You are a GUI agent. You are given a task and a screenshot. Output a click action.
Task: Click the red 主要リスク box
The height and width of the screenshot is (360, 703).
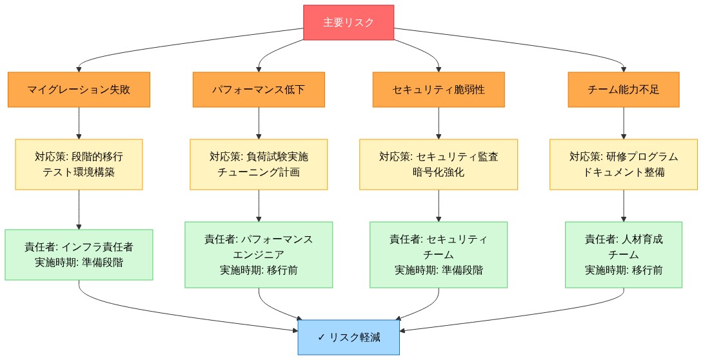348,23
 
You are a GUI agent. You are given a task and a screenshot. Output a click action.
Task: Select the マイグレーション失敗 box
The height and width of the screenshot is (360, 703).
79,90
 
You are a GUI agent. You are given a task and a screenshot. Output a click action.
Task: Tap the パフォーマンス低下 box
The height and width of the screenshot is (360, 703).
259,90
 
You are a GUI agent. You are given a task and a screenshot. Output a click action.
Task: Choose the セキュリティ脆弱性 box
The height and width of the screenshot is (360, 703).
439,90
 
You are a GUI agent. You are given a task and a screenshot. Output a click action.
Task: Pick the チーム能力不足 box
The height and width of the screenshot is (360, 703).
623,90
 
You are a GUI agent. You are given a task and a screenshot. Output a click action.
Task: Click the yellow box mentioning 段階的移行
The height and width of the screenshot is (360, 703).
79,164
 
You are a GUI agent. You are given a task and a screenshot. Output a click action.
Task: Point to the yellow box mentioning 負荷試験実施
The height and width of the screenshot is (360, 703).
259,164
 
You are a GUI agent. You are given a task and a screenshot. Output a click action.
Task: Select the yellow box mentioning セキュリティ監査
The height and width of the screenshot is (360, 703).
439,164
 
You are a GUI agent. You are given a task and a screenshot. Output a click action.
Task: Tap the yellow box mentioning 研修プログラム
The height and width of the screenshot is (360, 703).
623,164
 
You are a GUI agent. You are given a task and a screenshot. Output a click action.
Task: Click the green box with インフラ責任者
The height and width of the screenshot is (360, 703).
79,254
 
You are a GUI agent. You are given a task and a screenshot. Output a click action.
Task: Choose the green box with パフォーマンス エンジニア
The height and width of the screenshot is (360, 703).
259,254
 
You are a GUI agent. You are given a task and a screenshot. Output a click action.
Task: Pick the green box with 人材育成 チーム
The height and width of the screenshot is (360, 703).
623,254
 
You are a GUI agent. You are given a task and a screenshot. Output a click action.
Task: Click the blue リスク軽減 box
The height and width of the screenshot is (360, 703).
348,337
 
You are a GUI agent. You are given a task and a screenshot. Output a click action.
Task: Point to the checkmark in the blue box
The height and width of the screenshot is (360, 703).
322,337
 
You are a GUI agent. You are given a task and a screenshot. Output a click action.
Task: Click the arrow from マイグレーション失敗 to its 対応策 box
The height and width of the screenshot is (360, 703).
79,123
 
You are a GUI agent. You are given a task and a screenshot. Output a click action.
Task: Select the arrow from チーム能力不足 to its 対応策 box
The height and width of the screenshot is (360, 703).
623,123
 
